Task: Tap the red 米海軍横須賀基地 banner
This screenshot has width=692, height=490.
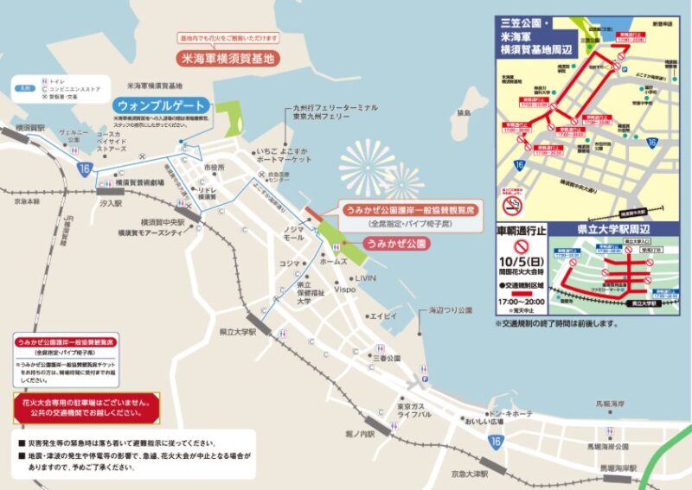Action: [228, 60]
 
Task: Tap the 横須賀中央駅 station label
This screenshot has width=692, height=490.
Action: [163, 221]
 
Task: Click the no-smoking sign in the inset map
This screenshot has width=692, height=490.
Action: [512, 205]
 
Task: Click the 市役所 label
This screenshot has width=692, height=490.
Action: [214, 167]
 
